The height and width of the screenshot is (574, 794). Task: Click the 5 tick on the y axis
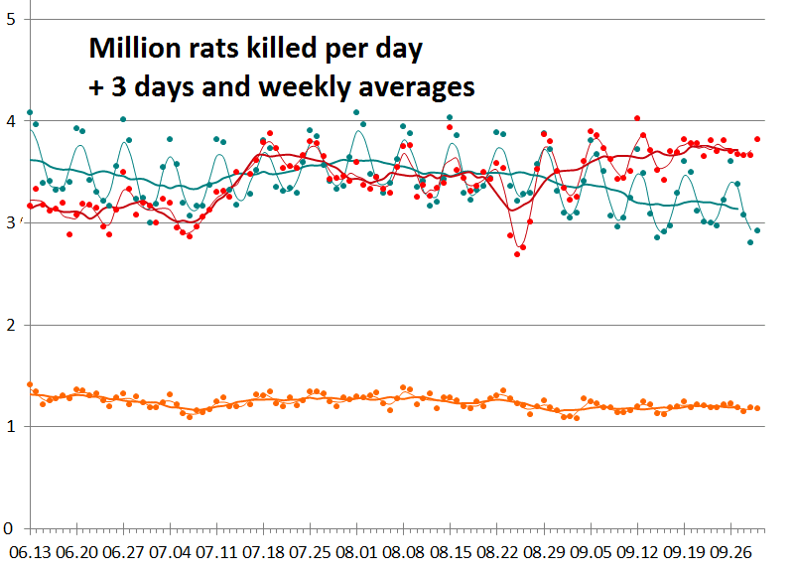pos(11,19)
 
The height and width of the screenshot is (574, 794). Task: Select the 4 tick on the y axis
pos(11,121)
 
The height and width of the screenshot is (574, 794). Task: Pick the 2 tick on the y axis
pos(11,325)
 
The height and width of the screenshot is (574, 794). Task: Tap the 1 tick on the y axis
pos(11,427)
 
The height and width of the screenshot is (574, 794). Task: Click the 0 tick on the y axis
pos(11,528)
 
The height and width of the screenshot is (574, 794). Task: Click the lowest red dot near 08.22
pos(517,254)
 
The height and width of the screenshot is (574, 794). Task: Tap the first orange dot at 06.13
pos(30,384)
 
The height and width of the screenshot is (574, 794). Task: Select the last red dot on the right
pos(757,139)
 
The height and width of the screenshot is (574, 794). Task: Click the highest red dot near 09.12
pos(637,117)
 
